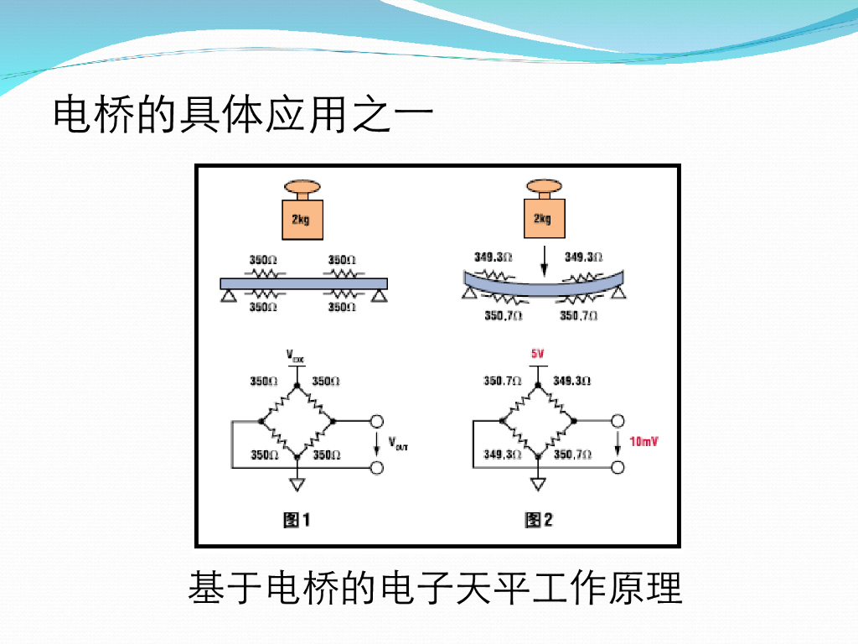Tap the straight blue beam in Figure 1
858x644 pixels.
[302, 283]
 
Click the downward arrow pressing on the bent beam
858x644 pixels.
[543, 259]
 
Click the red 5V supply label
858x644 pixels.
[537, 354]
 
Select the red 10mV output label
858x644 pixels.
[643, 441]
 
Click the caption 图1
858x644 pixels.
[297, 520]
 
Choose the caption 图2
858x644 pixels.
[539, 520]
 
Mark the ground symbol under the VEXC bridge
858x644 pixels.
[296, 485]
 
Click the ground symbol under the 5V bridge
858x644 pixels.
[538, 485]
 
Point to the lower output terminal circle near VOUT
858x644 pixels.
[377, 466]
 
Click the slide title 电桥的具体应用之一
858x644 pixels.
[243, 115]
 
